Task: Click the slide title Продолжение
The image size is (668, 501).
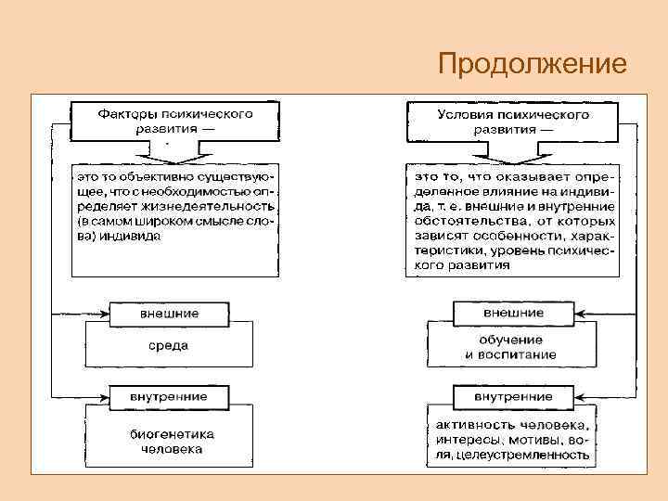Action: [533, 64]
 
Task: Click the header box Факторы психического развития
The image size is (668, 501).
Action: [174, 122]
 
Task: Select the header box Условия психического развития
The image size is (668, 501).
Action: [513, 122]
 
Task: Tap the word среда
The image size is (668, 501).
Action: [169, 345]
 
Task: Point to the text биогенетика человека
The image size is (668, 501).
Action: [172, 441]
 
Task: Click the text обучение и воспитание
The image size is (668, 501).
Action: [511, 347]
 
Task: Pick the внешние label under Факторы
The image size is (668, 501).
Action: [169, 313]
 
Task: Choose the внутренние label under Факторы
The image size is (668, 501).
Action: [169, 396]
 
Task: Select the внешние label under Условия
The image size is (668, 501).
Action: [513, 313]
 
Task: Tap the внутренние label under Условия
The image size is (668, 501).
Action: [513, 396]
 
